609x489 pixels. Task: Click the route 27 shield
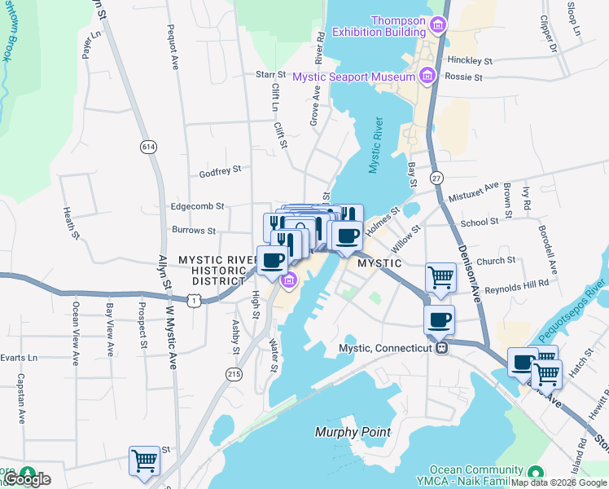click(x=436, y=178)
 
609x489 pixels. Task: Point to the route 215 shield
click(x=234, y=373)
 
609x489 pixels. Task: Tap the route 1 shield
click(x=194, y=302)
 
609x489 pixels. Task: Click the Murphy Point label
click(x=353, y=432)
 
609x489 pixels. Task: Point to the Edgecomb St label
click(x=197, y=207)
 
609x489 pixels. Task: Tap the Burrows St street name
click(x=194, y=231)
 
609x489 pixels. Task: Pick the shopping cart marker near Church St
click(x=440, y=277)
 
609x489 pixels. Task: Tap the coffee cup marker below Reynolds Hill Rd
click(x=440, y=319)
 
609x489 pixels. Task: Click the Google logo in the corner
click(x=28, y=478)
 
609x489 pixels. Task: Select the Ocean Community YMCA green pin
click(x=534, y=472)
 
